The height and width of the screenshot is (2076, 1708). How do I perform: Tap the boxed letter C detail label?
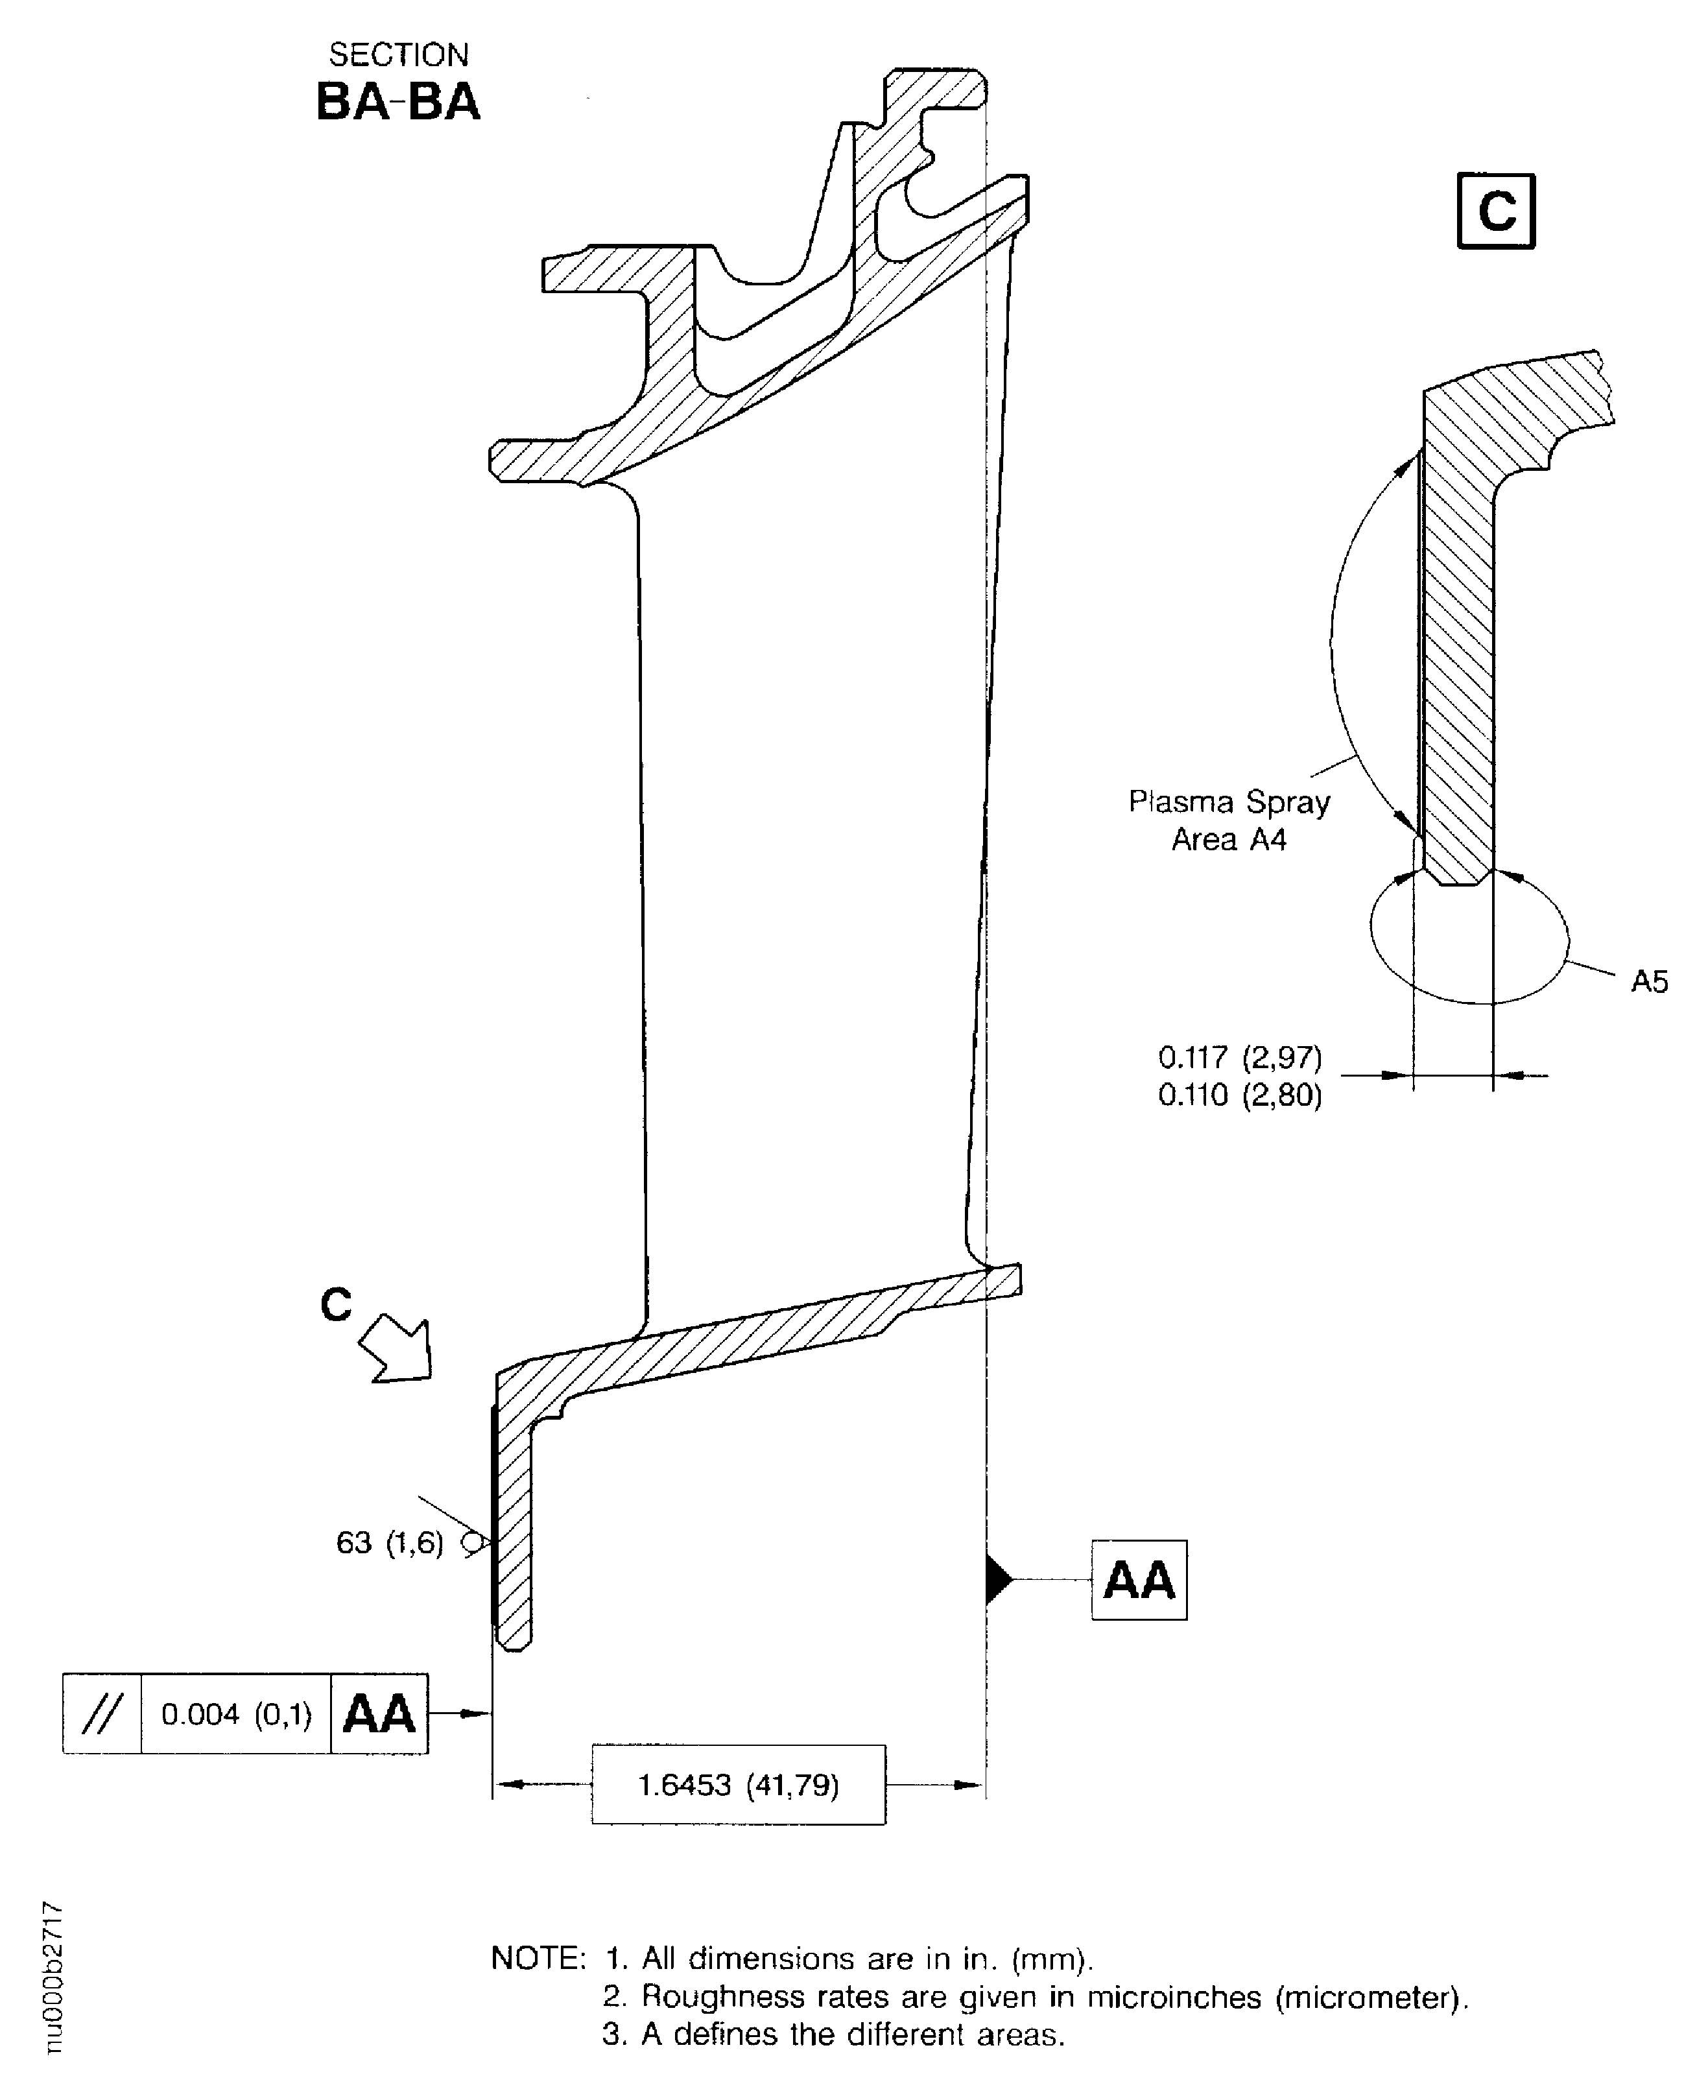(x=1495, y=211)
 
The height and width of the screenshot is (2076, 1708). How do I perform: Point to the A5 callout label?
(x=1649, y=981)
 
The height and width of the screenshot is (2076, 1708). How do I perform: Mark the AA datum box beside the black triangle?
(x=1139, y=1580)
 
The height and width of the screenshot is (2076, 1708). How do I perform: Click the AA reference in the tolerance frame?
(x=379, y=1714)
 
